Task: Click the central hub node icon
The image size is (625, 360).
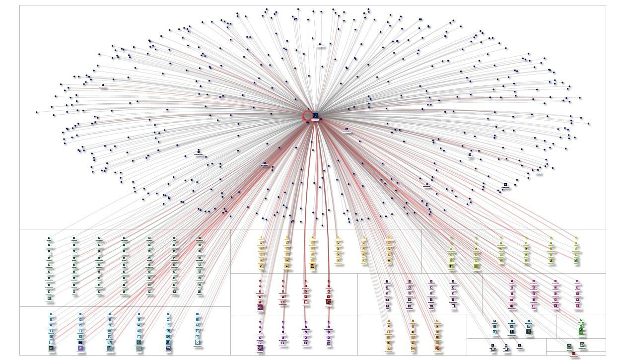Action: (x=315, y=116)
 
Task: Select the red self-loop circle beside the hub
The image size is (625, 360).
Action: (x=307, y=116)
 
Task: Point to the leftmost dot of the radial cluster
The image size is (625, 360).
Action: (x=37, y=112)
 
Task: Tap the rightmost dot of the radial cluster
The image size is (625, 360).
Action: (x=589, y=124)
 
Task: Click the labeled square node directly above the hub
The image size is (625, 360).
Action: (x=320, y=44)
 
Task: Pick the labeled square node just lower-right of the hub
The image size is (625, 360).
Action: (x=347, y=130)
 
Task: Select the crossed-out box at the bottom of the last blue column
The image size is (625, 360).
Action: (x=198, y=342)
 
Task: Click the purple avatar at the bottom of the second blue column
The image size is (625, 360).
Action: (x=80, y=348)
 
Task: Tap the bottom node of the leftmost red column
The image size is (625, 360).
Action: (x=260, y=307)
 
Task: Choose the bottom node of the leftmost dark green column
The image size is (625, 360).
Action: (x=49, y=298)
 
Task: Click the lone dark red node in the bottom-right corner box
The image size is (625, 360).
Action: (x=574, y=354)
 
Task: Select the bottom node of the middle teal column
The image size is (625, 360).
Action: (x=512, y=332)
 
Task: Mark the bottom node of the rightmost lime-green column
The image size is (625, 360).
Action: (x=576, y=260)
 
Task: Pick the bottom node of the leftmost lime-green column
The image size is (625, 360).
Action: (x=451, y=266)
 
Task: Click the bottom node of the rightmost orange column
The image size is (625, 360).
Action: (x=437, y=348)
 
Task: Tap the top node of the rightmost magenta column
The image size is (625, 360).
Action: (x=577, y=282)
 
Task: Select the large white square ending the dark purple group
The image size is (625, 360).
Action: (x=453, y=306)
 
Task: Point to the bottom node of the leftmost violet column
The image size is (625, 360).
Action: (x=260, y=348)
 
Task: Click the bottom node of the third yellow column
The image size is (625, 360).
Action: (x=313, y=266)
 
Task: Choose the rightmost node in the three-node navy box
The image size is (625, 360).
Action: (x=519, y=346)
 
